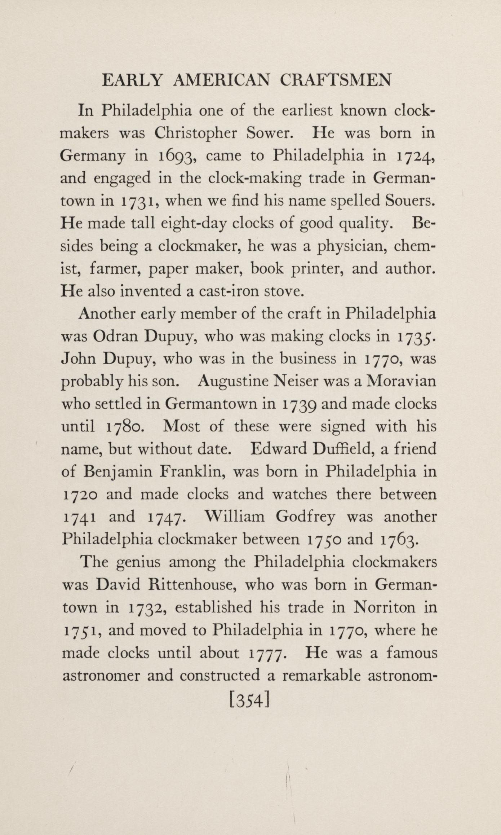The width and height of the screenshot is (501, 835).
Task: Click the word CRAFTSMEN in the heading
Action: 335,80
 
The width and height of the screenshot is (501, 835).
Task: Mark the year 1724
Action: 416,156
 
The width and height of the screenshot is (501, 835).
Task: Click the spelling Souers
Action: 410,201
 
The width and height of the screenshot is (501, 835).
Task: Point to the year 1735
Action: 416,337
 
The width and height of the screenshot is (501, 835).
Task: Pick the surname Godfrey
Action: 305,517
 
